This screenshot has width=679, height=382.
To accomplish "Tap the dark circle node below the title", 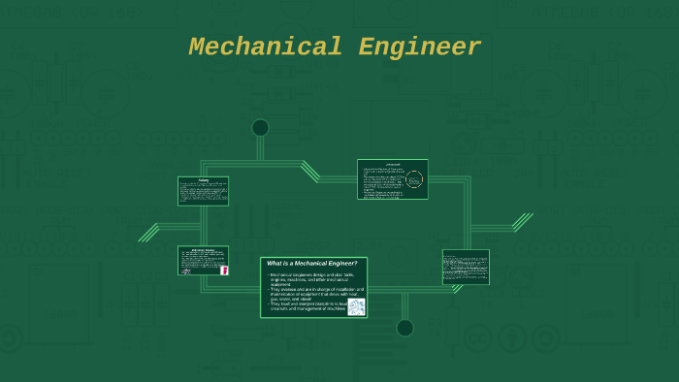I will tap(260, 128).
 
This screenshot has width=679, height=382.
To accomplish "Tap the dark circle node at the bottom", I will tap(404, 328).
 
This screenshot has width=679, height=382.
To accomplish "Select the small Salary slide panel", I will tap(203, 191).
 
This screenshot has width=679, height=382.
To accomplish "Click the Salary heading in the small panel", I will tap(203, 179).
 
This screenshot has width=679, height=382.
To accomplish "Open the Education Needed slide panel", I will tap(203, 261).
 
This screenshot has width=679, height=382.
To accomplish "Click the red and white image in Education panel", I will tap(224, 271).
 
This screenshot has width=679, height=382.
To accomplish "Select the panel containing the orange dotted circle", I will tap(392, 179).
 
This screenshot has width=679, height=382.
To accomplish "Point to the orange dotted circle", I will tap(414, 179).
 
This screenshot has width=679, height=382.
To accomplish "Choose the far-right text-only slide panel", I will tap(466, 267).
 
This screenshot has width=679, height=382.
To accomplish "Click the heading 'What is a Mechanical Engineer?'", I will tap(312, 263).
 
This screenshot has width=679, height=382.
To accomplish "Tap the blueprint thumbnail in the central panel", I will tap(356, 306).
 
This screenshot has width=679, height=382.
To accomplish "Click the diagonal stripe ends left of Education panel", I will tap(147, 233).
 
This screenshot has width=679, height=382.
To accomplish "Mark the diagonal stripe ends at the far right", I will tap(523, 222).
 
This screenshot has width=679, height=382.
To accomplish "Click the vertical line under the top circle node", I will tap(260, 148).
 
